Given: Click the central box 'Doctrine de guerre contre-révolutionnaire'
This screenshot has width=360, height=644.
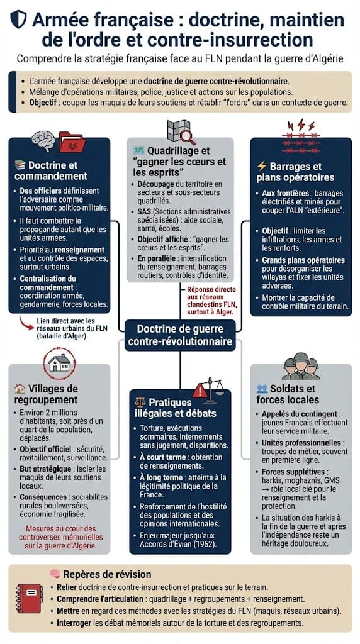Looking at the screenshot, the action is pos(180,335).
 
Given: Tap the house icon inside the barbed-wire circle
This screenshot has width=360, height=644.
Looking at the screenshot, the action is pos(59,363).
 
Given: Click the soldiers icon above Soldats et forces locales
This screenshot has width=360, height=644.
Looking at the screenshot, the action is pos(301,365).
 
